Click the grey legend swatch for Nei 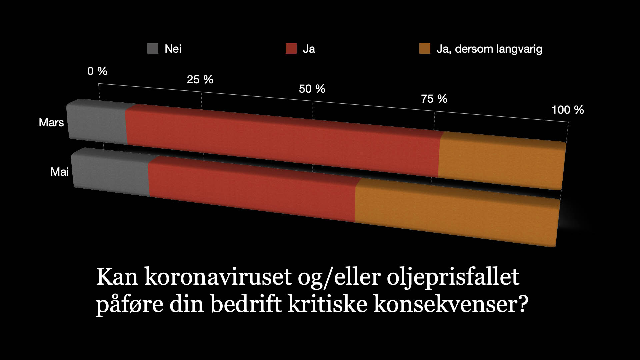[x=153, y=49]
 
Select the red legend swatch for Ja [x=291, y=49]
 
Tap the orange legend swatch [x=425, y=49]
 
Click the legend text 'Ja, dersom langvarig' [x=489, y=49]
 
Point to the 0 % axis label [x=97, y=71]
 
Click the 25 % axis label [x=200, y=79]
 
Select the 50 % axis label [x=312, y=89]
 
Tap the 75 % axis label [x=434, y=99]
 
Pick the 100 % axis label [x=568, y=110]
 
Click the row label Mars [x=51, y=122]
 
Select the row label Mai [x=60, y=172]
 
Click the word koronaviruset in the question [x=218, y=277]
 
